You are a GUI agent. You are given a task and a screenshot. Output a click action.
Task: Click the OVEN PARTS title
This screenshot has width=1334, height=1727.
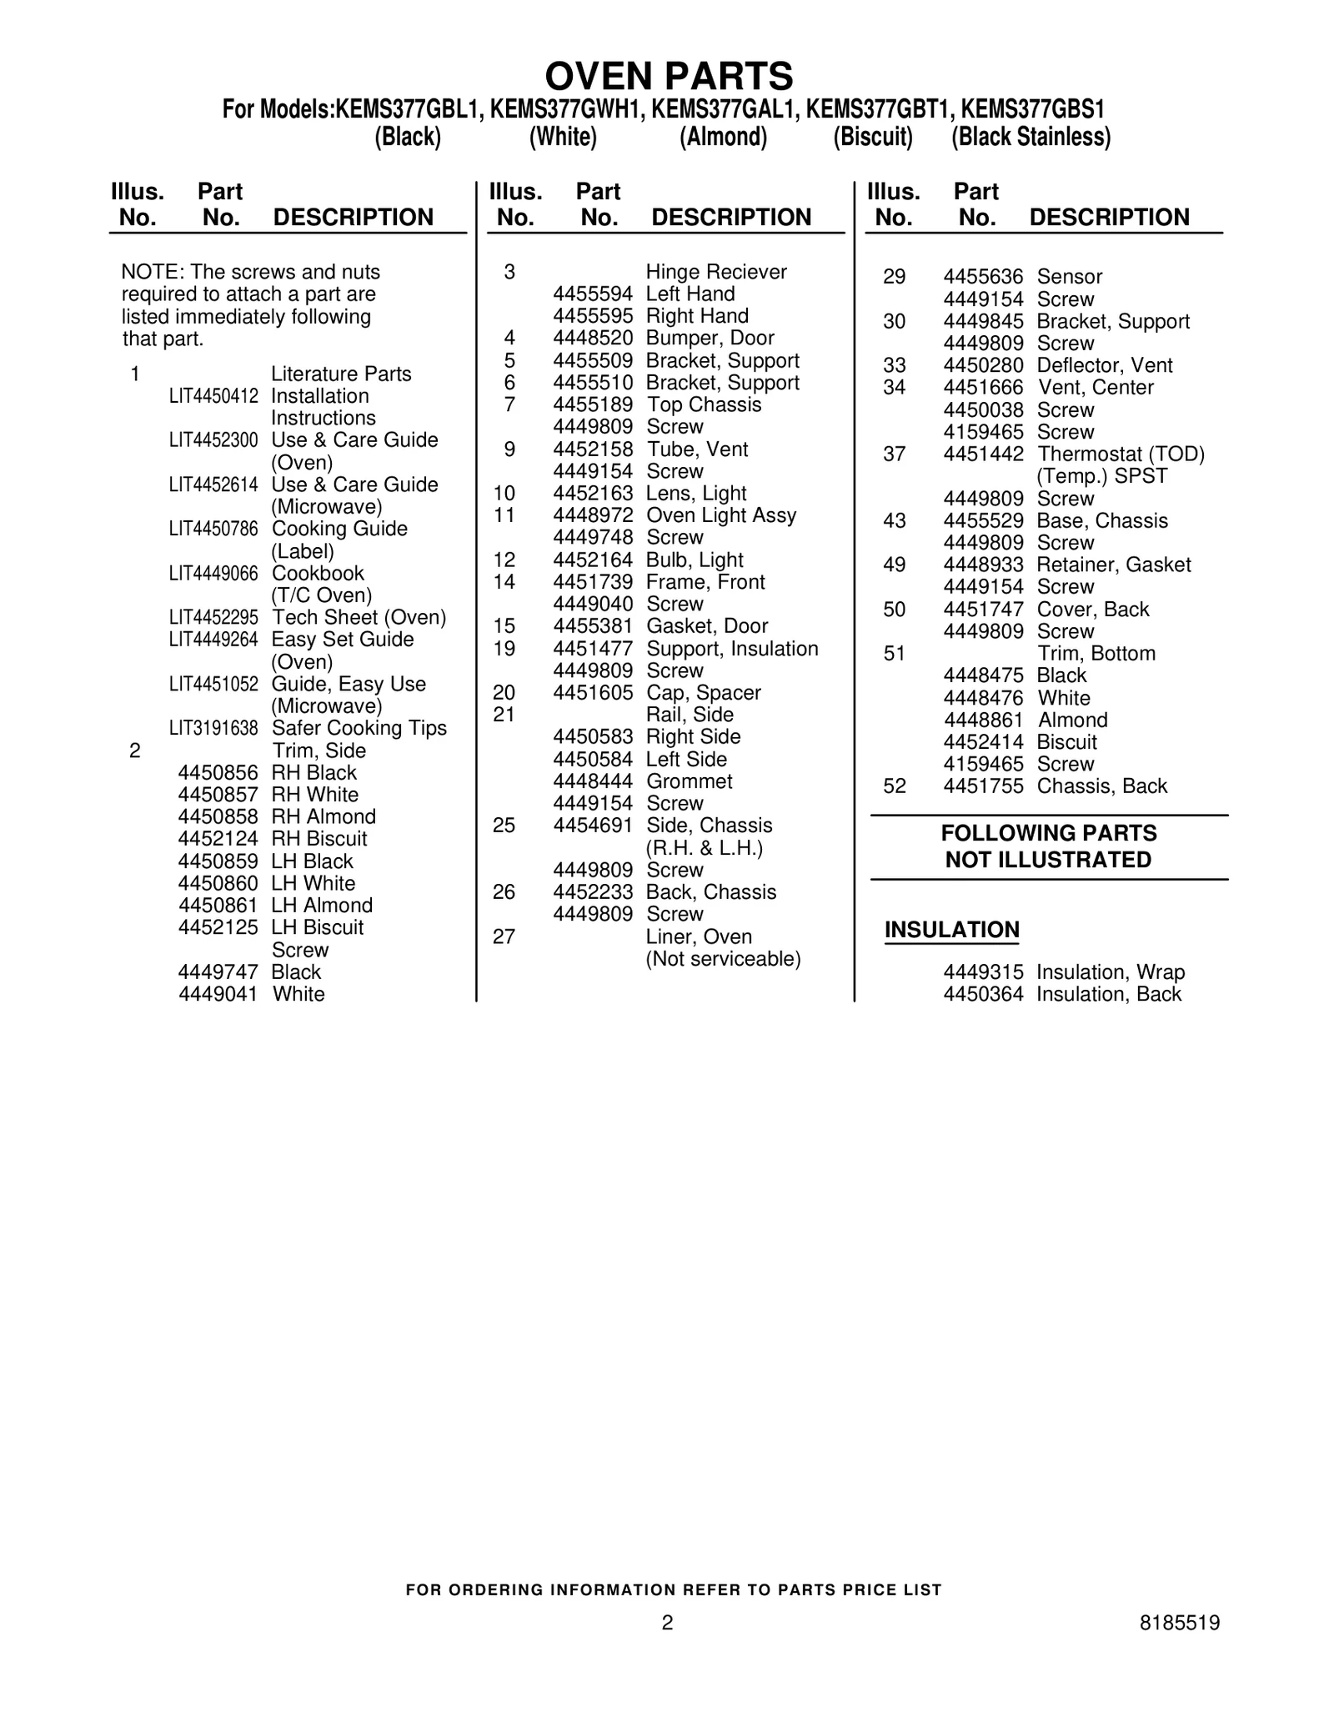pyautogui.click(x=669, y=77)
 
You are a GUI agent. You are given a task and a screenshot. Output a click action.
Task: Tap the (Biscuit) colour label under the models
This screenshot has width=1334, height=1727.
pyautogui.click(x=872, y=137)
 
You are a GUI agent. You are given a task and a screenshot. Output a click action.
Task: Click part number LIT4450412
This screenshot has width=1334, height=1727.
pyautogui.click(x=213, y=396)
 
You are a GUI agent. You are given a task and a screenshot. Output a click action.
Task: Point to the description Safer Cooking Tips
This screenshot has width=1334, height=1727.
pyautogui.click(x=359, y=728)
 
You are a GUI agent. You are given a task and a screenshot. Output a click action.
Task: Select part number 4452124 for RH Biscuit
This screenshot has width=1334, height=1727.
pyautogui.click(x=218, y=839)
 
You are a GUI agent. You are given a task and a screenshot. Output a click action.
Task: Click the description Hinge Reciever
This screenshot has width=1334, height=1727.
pyautogui.click(x=716, y=272)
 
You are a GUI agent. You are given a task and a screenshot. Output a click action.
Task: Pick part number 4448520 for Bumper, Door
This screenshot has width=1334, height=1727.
pyautogui.click(x=593, y=338)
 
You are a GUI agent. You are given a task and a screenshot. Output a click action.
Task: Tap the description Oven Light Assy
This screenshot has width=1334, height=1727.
pyautogui.click(x=721, y=515)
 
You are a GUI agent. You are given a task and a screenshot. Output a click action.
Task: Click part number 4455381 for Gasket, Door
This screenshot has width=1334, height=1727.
pyautogui.click(x=593, y=626)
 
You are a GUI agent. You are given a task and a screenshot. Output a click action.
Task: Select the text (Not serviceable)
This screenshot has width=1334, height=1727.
pyautogui.click(x=723, y=959)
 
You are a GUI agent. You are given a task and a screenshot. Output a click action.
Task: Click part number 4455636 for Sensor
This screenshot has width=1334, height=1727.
pyautogui.click(x=983, y=277)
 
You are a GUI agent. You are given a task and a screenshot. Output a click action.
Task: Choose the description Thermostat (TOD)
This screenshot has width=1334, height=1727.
pyautogui.click(x=1121, y=454)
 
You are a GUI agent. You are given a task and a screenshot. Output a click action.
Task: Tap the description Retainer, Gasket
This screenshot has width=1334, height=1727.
pyautogui.click(x=1114, y=565)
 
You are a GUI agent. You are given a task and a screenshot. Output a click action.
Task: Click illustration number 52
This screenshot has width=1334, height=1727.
pyautogui.click(x=894, y=786)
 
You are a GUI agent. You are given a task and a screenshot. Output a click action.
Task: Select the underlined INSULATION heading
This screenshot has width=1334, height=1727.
pyautogui.click(x=951, y=930)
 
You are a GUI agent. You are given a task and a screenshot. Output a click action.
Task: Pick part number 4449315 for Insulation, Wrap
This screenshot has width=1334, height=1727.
pyautogui.click(x=983, y=972)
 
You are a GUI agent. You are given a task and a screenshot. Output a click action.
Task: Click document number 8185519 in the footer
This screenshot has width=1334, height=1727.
pyautogui.click(x=1180, y=1623)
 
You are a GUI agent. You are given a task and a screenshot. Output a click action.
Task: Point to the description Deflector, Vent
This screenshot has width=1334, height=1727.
pyautogui.click(x=1105, y=365)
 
